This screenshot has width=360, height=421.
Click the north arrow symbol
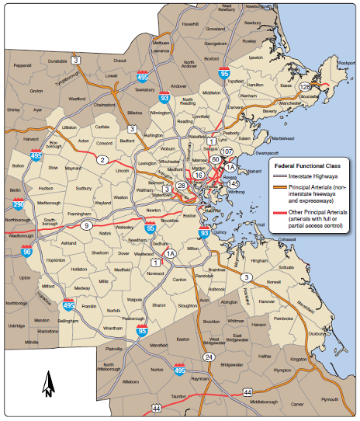(x=47, y=384)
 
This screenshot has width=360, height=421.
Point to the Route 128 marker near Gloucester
(x=308, y=87)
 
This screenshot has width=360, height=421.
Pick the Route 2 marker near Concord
(x=102, y=160)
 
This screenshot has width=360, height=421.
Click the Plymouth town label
(x=330, y=398)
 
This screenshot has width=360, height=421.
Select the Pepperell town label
(x=22, y=66)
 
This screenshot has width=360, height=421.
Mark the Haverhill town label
(x=190, y=24)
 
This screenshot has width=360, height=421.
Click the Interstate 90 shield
(x=27, y=251)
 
